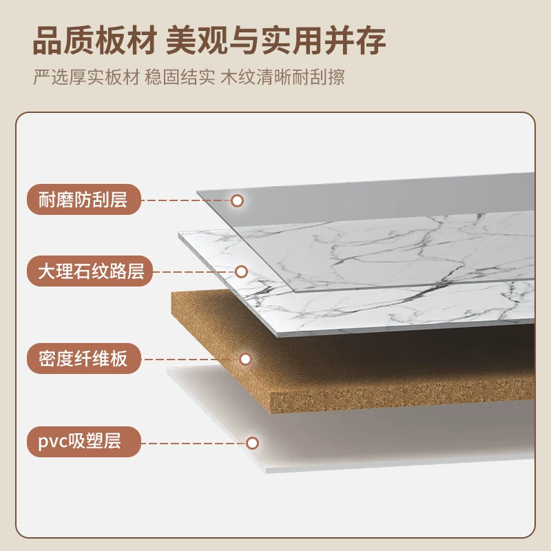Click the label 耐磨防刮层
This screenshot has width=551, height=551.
click(83, 200)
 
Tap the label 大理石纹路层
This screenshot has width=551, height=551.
click(90, 271)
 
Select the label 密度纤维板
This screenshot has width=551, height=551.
click(83, 358)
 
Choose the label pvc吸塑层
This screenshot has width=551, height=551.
click(83, 441)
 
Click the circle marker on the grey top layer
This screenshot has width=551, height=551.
click(238, 200)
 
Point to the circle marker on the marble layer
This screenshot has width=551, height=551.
click(242, 271)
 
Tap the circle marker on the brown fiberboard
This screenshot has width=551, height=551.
click(246, 359)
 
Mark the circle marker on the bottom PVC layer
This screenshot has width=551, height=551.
click(252, 443)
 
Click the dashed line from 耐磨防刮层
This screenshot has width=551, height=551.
click(186, 200)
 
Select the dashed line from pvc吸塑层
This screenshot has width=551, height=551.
click(194, 443)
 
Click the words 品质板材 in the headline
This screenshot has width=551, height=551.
click(94, 41)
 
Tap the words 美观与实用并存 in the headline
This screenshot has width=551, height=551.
click(276, 41)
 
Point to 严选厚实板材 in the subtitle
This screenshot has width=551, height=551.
click(87, 77)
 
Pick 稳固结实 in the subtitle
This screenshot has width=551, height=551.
click(180, 77)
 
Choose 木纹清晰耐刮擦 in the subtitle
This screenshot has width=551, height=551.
click(282, 77)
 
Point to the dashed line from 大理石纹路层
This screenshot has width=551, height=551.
click(194, 271)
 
